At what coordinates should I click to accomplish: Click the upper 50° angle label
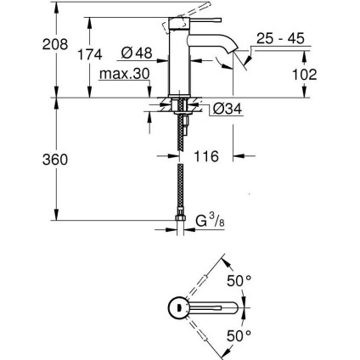pos(243,278)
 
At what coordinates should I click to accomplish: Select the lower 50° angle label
pos(243,336)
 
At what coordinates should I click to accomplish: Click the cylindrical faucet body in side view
pos(181,59)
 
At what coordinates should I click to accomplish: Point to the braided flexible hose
pos(181,170)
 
